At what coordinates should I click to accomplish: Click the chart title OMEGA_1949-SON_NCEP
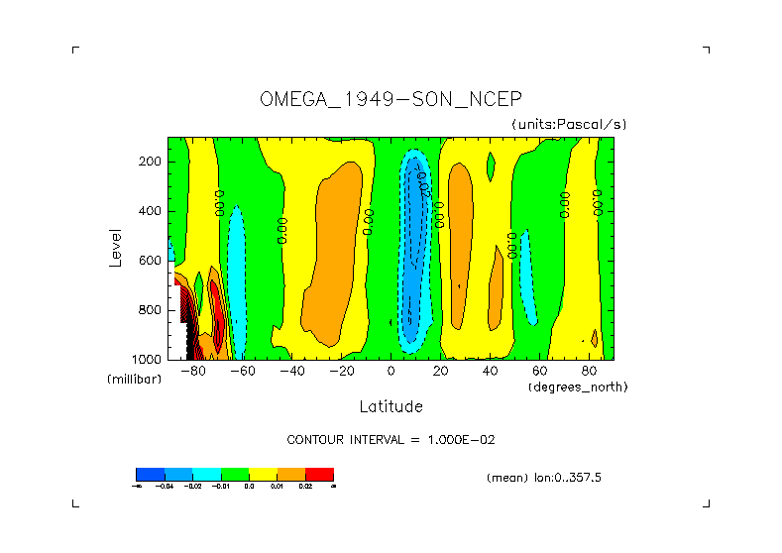pyautogui.click(x=391, y=99)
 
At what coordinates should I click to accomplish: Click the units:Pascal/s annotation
pyautogui.click(x=569, y=124)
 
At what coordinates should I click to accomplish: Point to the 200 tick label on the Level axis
pyautogui.click(x=151, y=162)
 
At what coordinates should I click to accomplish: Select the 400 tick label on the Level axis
pyautogui.click(x=151, y=211)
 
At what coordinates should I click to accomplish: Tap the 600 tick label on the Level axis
pyautogui.click(x=151, y=261)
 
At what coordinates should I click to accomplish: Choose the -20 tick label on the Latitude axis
pyautogui.click(x=341, y=372)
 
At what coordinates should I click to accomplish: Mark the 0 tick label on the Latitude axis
pyautogui.click(x=391, y=372)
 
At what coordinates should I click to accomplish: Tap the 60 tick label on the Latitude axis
pyautogui.click(x=539, y=372)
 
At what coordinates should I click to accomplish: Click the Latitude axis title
pyautogui.click(x=391, y=406)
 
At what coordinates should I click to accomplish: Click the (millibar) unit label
pyautogui.click(x=134, y=380)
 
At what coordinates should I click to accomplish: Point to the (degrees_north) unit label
pyautogui.click(x=578, y=386)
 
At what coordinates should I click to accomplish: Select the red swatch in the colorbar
pyautogui.click(x=319, y=474)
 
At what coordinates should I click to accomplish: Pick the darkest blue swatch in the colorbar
pyautogui.click(x=150, y=474)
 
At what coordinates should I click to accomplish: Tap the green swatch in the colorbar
pyautogui.click(x=235, y=474)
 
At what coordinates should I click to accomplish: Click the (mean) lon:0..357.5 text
pyautogui.click(x=544, y=478)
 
